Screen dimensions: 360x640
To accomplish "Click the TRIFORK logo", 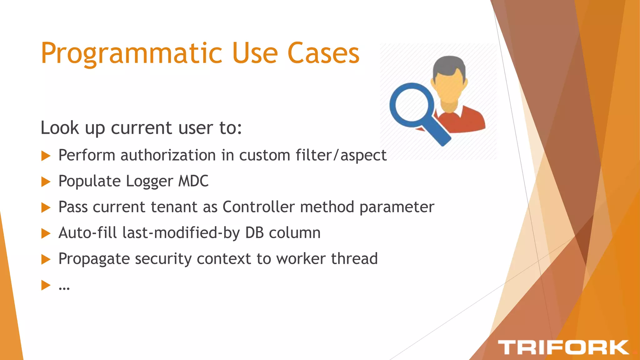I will pyautogui.click(x=563, y=347).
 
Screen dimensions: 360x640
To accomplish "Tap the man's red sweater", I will pyautogui.click(x=472, y=120).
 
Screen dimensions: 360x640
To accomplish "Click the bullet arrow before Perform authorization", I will pyautogui.click(x=46, y=156).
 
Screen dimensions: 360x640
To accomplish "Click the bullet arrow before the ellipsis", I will pyautogui.click(x=46, y=285).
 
